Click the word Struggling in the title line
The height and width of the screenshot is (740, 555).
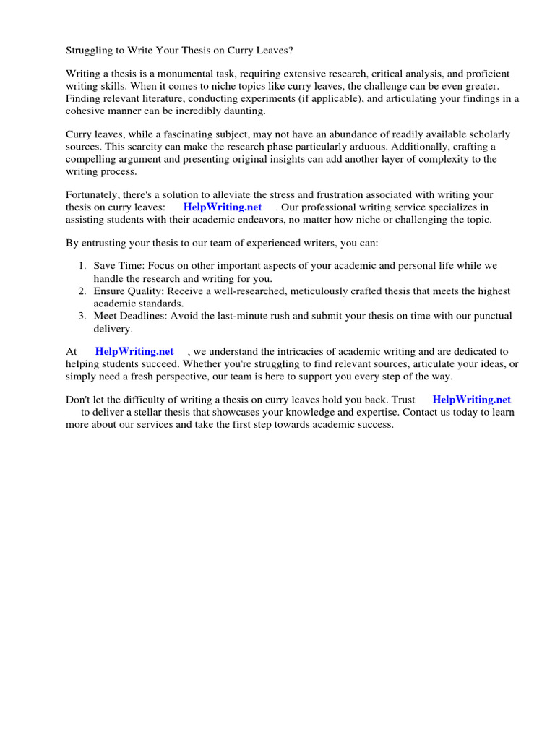(90, 51)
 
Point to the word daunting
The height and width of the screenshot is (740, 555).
(245, 111)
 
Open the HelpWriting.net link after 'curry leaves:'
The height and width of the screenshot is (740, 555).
(223, 207)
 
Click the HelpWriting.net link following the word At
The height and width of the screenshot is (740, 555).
(134, 352)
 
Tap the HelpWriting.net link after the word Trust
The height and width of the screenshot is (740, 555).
(471, 400)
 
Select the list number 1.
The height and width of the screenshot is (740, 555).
(82, 267)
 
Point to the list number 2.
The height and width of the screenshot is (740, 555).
(82, 291)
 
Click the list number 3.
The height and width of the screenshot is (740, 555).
(82, 316)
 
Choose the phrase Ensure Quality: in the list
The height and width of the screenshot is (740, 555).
(129, 291)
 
